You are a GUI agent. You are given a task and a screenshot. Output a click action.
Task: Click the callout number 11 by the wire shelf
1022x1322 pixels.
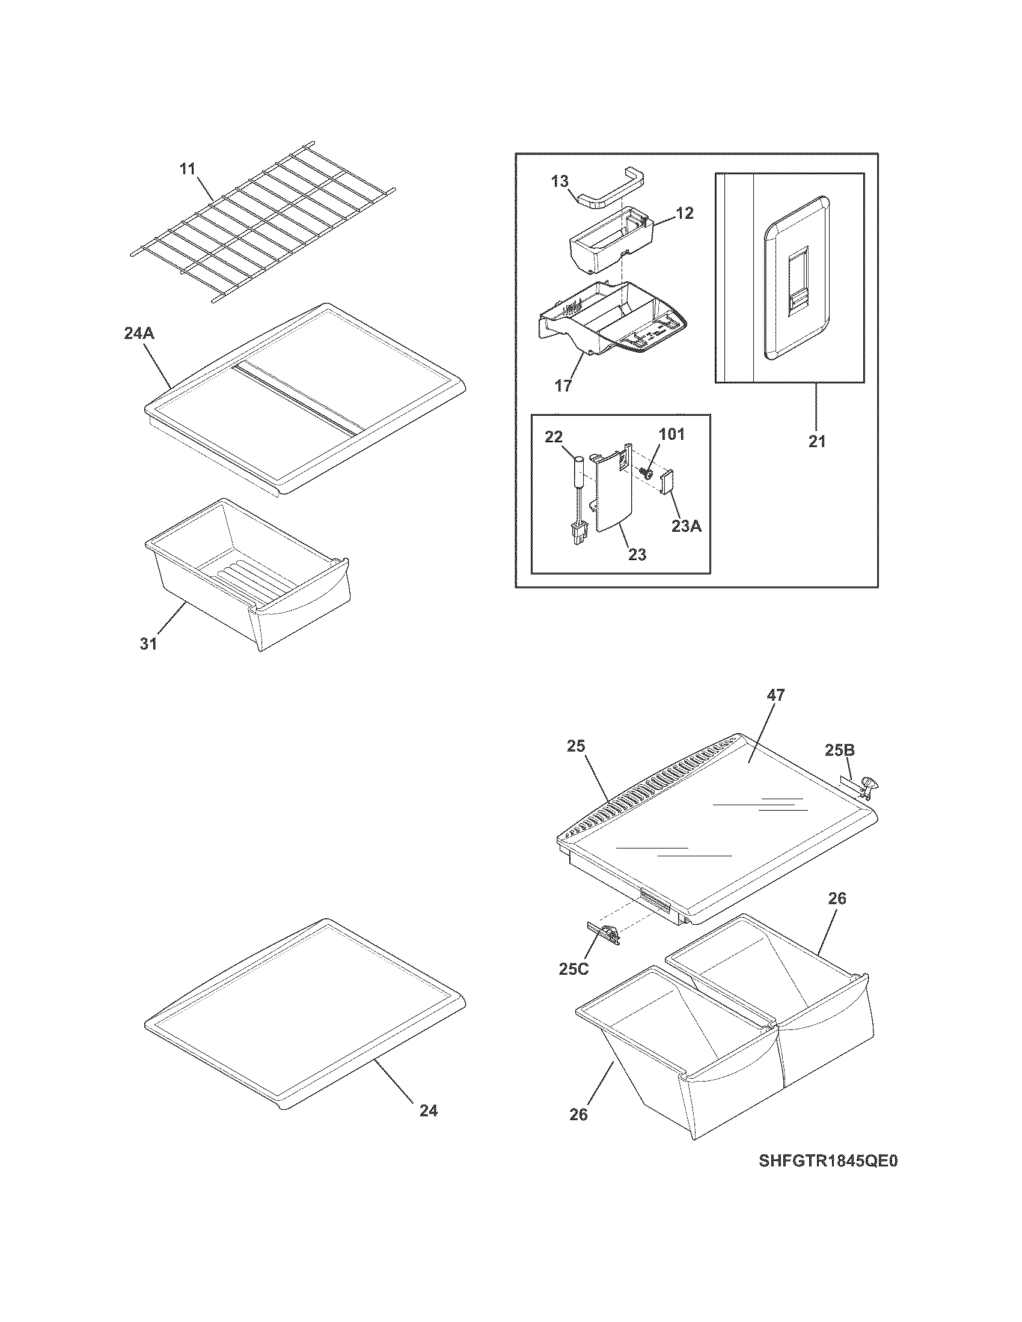pyautogui.click(x=188, y=168)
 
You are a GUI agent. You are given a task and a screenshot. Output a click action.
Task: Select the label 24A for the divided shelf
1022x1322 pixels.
pyautogui.click(x=139, y=333)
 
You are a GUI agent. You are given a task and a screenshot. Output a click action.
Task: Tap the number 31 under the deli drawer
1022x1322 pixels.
pyautogui.click(x=149, y=644)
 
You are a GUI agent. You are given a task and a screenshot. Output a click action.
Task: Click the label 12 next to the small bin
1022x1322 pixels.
pyautogui.click(x=685, y=213)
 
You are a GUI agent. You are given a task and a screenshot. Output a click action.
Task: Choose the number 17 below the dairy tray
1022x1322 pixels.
pyautogui.click(x=563, y=386)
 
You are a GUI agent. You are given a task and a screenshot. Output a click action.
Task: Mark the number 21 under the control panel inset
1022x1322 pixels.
pyautogui.click(x=817, y=442)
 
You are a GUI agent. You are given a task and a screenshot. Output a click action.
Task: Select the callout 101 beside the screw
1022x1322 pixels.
pyautogui.click(x=672, y=434)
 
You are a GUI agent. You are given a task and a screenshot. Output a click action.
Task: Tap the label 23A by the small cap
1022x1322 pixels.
pyautogui.click(x=687, y=526)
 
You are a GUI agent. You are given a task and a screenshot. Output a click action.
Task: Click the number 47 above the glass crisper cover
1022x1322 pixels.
pyautogui.click(x=776, y=695)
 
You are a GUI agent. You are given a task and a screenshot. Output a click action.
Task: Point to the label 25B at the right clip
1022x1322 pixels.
pyautogui.click(x=839, y=750)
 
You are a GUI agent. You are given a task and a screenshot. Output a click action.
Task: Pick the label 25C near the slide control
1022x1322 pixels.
pyautogui.click(x=574, y=969)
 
